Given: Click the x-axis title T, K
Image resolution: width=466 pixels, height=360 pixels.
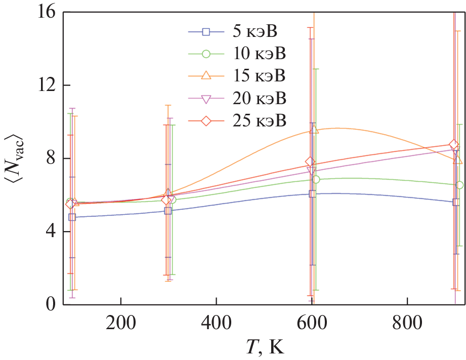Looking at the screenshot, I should coord(262,348).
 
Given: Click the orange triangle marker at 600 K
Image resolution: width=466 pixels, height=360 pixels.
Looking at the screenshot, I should coord(314,130).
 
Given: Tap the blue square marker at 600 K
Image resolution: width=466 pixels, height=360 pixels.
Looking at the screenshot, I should coord(312,194).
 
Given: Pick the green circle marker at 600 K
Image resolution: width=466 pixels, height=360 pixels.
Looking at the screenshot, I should coord(316,179).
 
